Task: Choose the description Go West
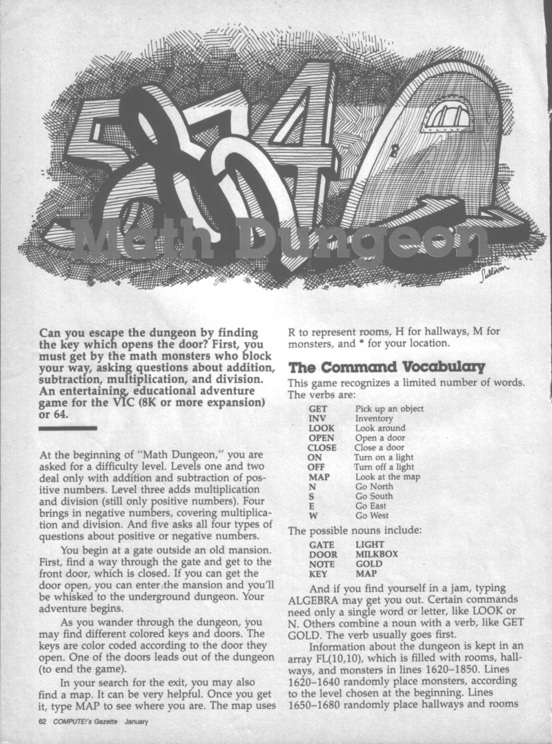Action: click(372, 516)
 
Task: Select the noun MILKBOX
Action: click(377, 554)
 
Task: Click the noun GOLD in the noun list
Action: click(368, 563)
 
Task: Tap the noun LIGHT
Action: click(370, 544)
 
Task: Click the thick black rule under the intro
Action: click(68, 429)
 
